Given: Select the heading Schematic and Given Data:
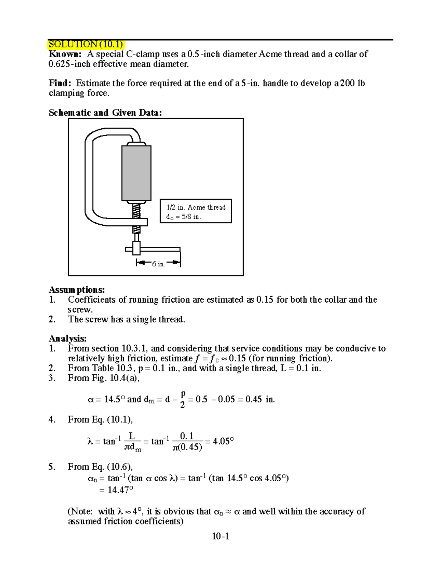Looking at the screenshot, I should pos(105,113).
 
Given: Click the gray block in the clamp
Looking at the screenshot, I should pos(136,173).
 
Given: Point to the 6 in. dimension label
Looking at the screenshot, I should pos(158,264).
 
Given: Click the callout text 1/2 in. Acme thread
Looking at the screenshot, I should pos(196,207).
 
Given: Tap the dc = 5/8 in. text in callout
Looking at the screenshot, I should pos(183,217).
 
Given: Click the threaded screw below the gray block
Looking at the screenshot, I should pos(136,211).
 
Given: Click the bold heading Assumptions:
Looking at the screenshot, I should pos(77,290).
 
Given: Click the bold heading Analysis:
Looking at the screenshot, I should pos(68,338).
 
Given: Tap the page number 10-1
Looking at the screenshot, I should pos(220,536).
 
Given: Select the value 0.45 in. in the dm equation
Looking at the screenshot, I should pos(260,399).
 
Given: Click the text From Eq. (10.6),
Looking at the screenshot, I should pos(100,467).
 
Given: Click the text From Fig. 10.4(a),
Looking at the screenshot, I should pos(104,378).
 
